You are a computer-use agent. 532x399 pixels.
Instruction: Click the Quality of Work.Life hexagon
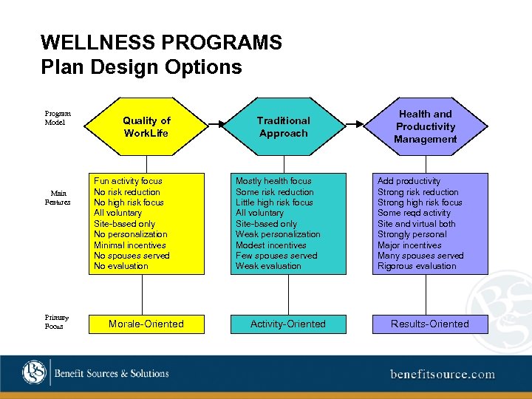[146, 126]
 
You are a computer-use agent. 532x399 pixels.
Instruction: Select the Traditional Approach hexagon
[283, 126]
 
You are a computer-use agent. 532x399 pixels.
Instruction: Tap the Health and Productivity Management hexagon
[425, 126]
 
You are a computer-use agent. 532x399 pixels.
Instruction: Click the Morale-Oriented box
[146, 324]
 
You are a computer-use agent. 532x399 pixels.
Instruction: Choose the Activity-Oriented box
[288, 324]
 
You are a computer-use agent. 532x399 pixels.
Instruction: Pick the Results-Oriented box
[430, 324]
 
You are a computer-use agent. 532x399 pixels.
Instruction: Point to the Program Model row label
[58, 118]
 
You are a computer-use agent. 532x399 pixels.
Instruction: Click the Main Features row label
[58, 197]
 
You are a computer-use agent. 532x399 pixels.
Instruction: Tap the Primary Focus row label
[54, 321]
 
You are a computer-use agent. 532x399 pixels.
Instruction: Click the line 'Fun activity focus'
[128, 181]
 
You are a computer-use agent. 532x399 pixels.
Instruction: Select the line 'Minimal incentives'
[130, 245]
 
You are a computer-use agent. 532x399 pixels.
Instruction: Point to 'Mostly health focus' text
[273, 181]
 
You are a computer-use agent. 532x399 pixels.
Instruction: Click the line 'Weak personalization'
[278, 234]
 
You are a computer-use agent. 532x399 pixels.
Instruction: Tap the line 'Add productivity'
[409, 181]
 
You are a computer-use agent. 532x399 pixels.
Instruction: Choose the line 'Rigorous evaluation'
[417, 266]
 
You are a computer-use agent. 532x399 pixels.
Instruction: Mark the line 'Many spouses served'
[420, 256]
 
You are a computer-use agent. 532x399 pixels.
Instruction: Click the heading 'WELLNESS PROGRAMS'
[162, 42]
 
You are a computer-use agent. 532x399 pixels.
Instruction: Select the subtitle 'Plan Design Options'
[142, 67]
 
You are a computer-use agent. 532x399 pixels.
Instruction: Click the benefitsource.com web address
[443, 374]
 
